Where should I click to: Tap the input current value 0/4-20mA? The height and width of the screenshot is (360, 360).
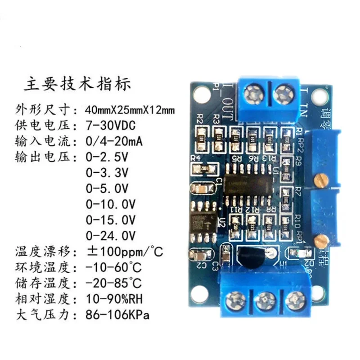[x=114, y=142]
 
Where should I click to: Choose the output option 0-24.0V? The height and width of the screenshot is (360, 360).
[x=110, y=234]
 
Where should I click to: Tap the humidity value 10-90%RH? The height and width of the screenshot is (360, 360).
[x=115, y=298]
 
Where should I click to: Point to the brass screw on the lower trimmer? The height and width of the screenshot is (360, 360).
[x=321, y=240]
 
